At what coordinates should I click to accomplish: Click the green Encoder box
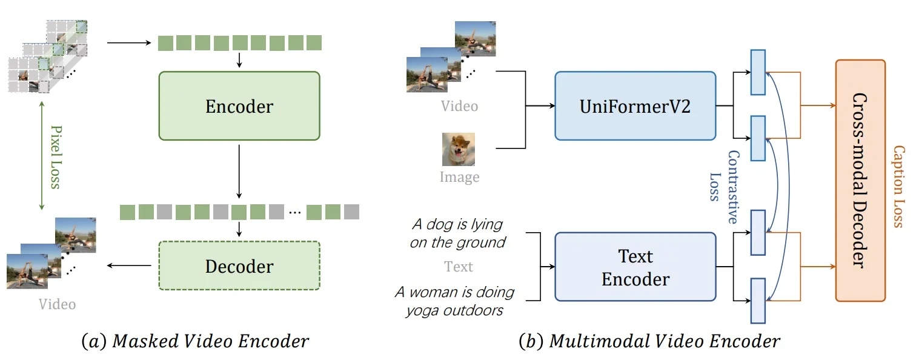[x=239, y=106]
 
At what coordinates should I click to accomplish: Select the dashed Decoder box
[x=239, y=266]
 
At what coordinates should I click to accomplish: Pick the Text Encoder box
[x=635, y=267]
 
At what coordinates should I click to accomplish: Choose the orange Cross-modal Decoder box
[x=860, y=180]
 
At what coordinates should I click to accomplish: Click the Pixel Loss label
[x=56, y=157]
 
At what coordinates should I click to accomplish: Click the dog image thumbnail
[x=459, y=149]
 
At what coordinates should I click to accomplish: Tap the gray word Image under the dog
[x=459, y=178]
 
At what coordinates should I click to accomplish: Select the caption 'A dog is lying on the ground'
[x=457, y=233]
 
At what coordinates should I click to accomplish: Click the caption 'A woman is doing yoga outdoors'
[x=454, y=301]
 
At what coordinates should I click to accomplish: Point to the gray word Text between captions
[x=459, y=267]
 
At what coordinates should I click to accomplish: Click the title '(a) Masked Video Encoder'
[x=195, y=342]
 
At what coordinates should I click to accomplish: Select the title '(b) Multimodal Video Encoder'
[x=649, y=342]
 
